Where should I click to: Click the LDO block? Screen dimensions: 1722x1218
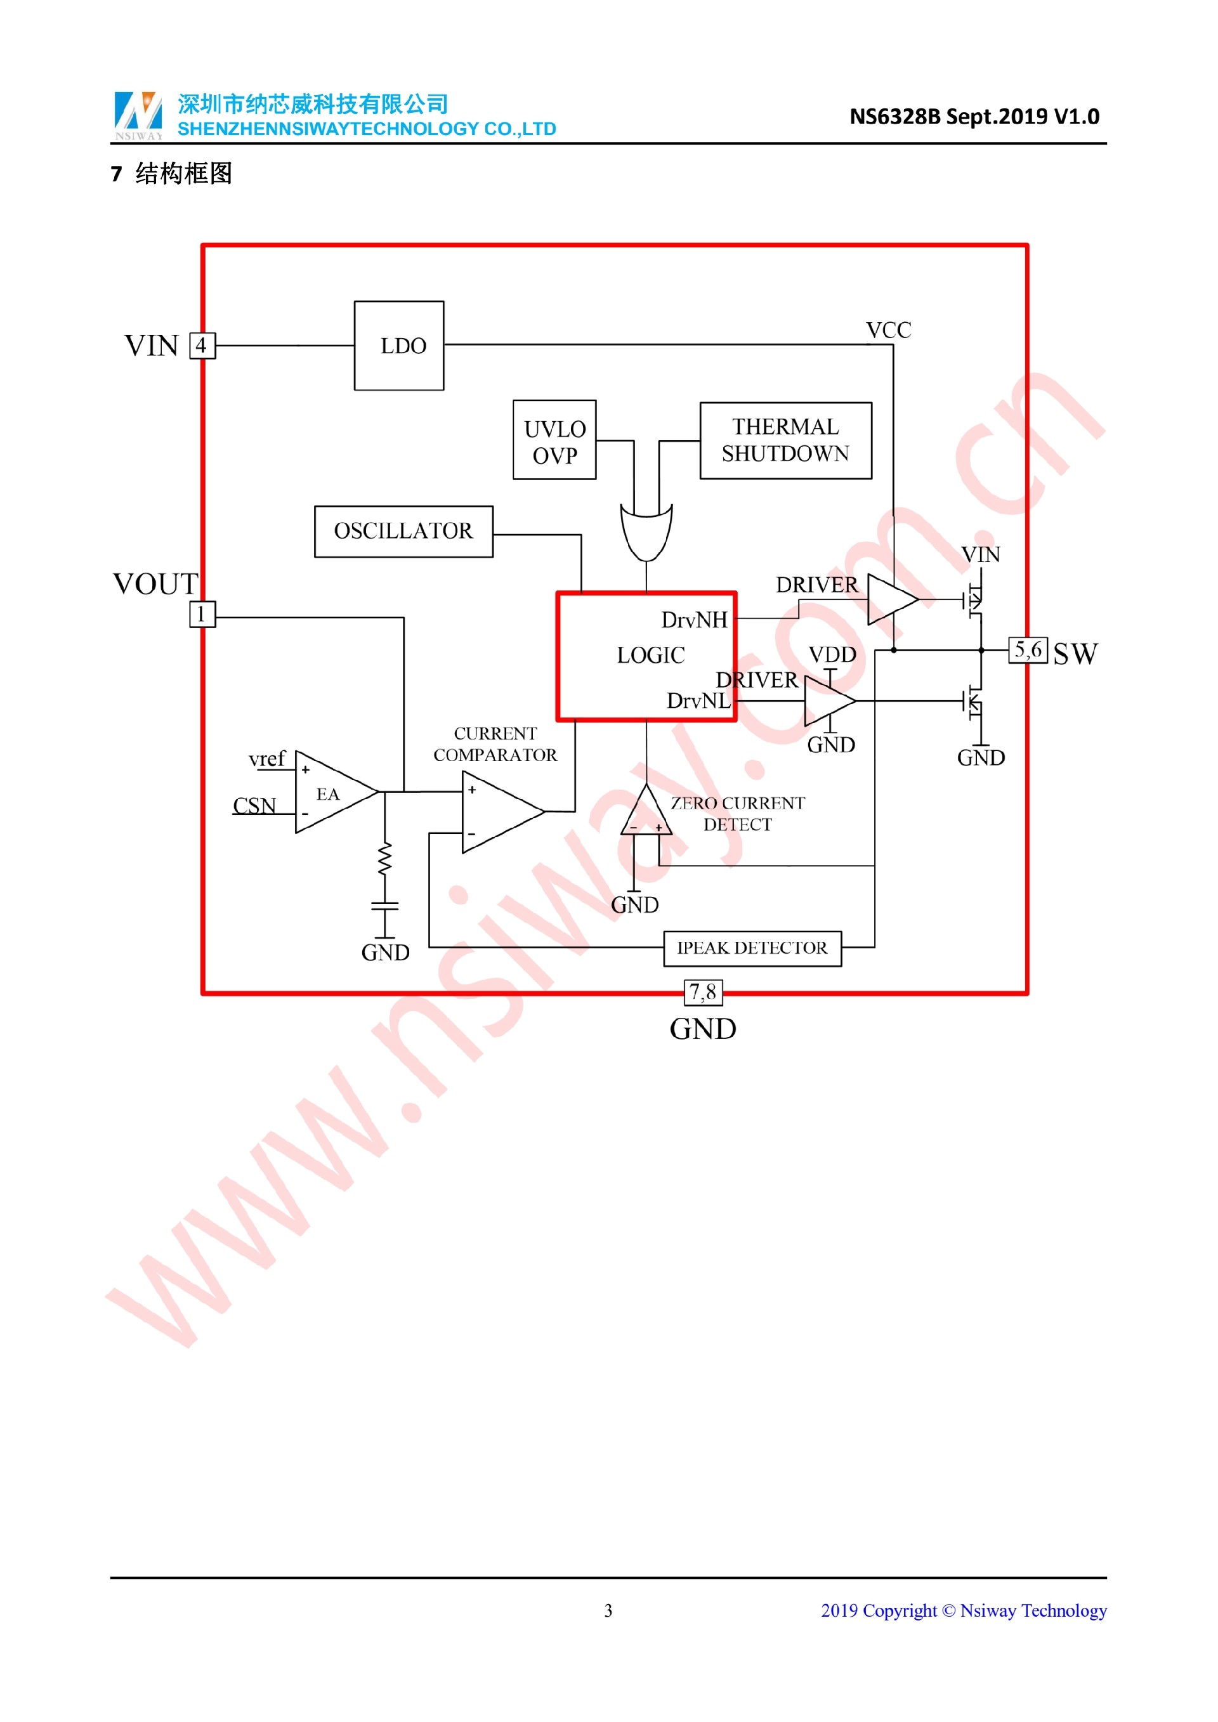[x=399, y=346]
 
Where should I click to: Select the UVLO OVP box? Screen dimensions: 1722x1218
[x=554, y=440]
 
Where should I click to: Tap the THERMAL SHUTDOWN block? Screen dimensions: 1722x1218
[x=785, y=440]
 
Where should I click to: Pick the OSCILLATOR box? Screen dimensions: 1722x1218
[x=403, y=532]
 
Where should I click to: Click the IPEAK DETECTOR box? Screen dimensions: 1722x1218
[x=752, y=949]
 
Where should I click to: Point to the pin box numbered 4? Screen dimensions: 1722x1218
[x=202, y=346]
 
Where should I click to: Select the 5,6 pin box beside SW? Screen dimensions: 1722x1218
[x=1028, y=649]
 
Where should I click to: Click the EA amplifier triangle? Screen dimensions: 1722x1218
[x=330, y=792]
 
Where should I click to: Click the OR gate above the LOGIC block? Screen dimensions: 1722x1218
[x=646, y=531]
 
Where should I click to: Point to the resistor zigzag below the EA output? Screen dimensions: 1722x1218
[x=385, y=859]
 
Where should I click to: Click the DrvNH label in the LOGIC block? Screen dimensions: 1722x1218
[x=694, y=620]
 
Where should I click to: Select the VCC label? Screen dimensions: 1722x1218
[x=888, y=330]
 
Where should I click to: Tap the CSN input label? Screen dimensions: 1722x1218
[x=254, y=806]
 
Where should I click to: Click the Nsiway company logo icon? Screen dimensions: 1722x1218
[x=138, y=114]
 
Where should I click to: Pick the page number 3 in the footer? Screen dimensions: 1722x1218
[x=608, y=1610]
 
